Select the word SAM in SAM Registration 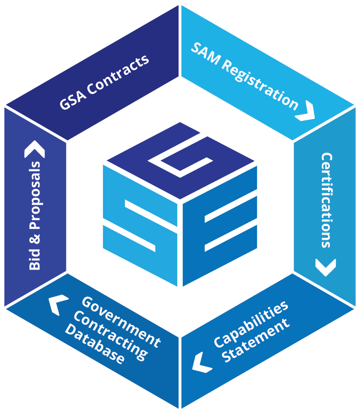point(204,53)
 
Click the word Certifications point(326,199)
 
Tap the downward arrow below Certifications point(326,267)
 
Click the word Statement point(256,342)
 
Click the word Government point(121,320)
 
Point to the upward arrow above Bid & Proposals point(34,150)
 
